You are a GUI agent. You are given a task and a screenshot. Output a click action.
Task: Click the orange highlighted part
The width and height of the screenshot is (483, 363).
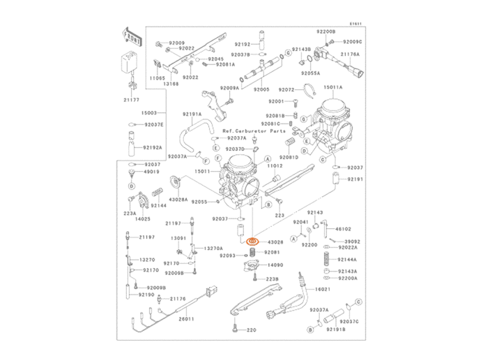tap(253, 242)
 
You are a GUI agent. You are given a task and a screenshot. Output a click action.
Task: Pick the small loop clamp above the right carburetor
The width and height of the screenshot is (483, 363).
tap(309, 89)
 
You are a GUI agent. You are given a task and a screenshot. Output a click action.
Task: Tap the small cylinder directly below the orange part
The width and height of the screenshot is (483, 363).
tap(252, 253)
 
